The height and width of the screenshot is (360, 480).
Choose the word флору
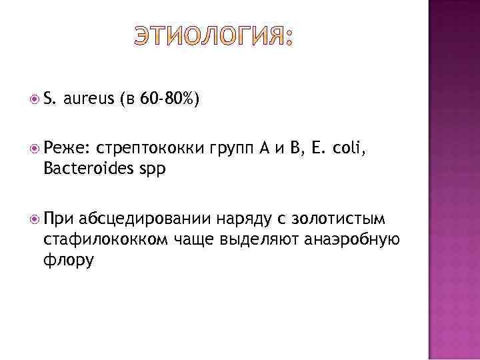[x=69, y=259]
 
